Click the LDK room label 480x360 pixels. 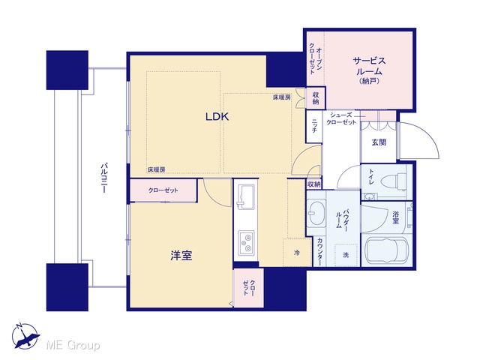coord(217,117)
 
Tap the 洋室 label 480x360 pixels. coord(181,255)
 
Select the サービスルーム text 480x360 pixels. coord(370,66)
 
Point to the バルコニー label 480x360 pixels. coord(103,178)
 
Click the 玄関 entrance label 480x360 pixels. coord(379,142)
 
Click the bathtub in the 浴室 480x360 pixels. coord(387,250)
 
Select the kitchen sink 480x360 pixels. coord(246,196)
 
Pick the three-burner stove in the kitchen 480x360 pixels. coord(246,242)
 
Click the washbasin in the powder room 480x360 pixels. coord(316,212)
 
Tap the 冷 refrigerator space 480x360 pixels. coord(297,253)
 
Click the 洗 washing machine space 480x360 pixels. coord(346,255)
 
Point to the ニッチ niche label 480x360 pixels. coord(314,126)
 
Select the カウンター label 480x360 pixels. coord(319,252)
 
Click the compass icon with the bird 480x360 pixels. coord(25,336)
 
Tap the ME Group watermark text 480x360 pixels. coord(73,345)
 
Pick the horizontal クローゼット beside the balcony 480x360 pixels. coord(163,190)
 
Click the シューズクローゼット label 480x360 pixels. coord(341,118)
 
